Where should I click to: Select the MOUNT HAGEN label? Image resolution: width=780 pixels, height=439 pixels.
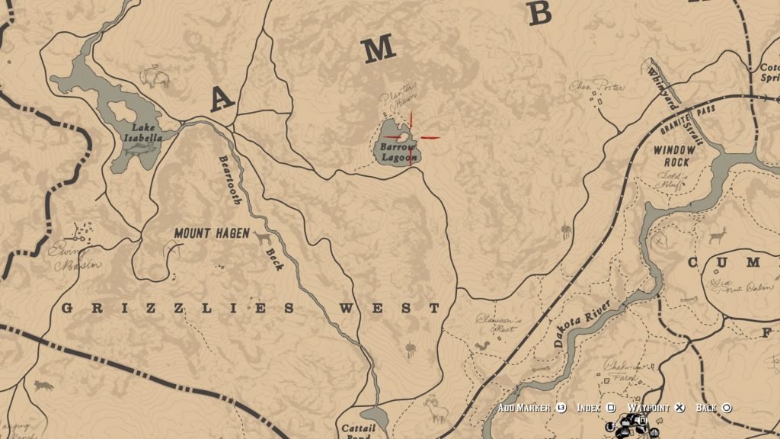[x=211, y=233]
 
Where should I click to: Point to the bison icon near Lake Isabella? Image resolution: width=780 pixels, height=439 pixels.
[x=154, y=77]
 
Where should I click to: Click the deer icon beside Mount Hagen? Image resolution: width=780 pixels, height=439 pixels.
[x=263, y=239]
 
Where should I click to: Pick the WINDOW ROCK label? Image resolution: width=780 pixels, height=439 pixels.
[x=674, y=156]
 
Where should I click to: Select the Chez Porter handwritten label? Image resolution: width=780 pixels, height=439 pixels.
[x=596, y=87]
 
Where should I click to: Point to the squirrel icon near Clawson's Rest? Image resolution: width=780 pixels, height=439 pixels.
[x=481, y=346]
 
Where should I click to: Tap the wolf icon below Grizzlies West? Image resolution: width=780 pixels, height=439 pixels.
[x=43, y=386]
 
